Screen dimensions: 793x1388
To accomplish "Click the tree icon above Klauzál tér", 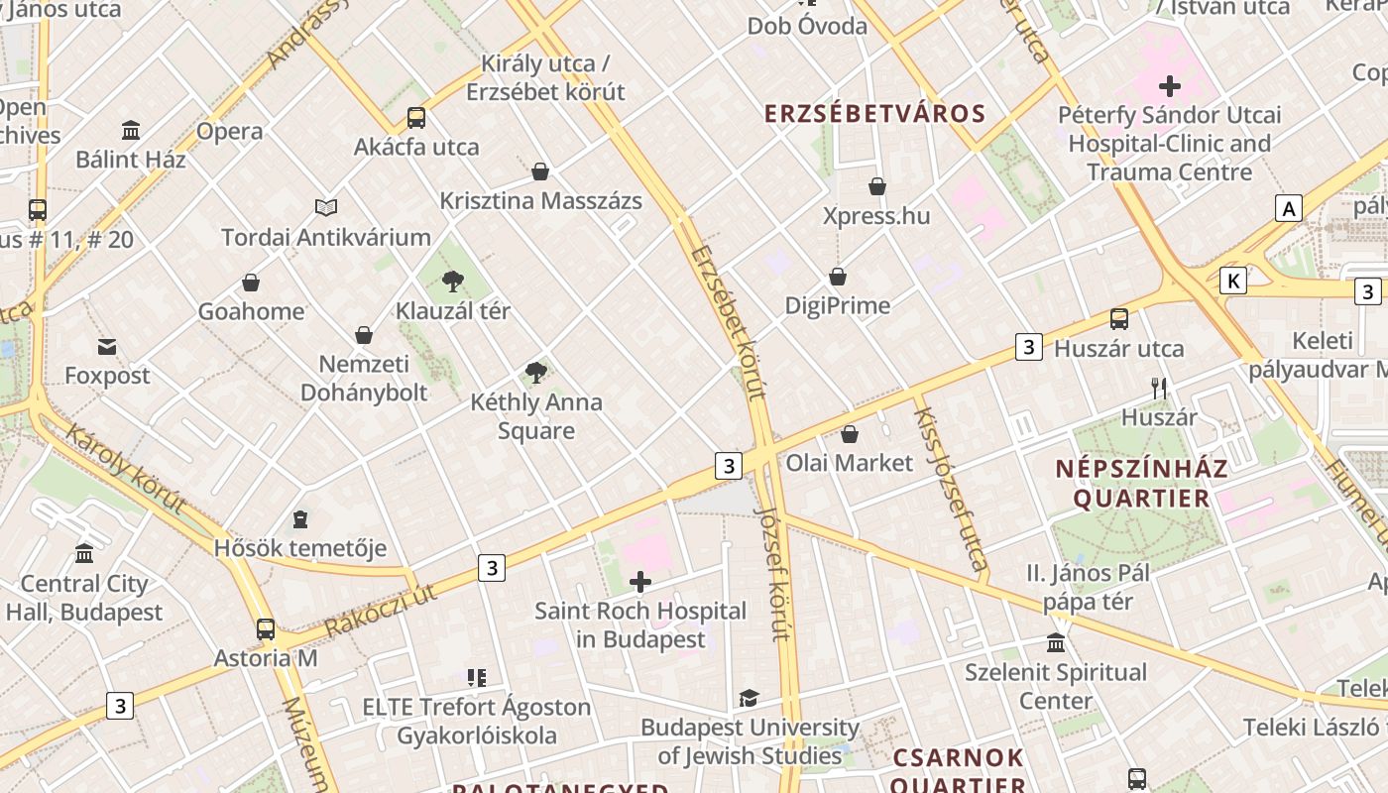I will coord(453,281).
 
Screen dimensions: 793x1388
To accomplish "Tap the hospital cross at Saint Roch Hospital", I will coord(640,581).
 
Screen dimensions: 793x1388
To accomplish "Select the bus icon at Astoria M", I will coord(266,628).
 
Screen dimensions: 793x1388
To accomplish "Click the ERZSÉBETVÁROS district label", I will coord(874,113).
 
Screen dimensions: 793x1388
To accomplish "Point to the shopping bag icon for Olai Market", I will coord(850,434).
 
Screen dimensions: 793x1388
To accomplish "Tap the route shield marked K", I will coord(1232,281).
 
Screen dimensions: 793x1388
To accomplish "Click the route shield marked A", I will coord(1288,208).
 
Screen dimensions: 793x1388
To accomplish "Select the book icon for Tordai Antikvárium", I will coord(326,207).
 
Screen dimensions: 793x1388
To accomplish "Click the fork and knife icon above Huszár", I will coord(1159,388).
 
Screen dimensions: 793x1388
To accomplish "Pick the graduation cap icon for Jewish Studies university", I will coord(750,698).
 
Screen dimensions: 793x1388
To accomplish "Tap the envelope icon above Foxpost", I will coord(107,346).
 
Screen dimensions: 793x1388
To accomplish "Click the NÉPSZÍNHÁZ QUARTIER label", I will coord(1141,483).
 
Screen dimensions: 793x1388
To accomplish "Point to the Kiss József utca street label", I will coord(950,490).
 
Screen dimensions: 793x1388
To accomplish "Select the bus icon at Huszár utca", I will coord(1119,318).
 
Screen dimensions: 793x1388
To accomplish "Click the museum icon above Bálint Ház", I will coord(131,130).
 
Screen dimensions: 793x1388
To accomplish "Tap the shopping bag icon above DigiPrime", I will coord(838,277).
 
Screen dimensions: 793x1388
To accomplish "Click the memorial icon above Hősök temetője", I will coord(299,519).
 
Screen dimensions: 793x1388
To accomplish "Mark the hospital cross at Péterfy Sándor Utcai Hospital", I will coord(1170,86).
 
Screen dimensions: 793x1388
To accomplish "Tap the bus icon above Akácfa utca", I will coord(416,118).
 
